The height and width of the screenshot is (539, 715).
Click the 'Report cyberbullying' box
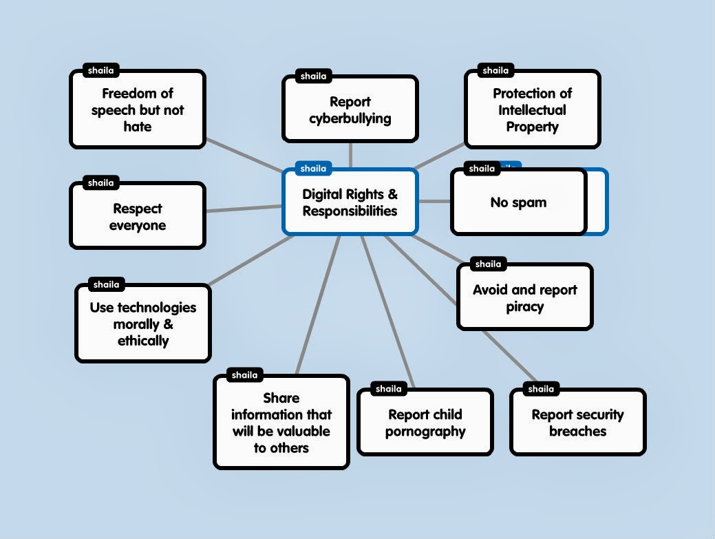pos(350,110)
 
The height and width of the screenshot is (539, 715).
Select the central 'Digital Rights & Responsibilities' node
pos(350,202)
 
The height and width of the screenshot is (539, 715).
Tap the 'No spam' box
pos(518,202)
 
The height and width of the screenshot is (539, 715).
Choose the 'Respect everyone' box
pos(138,217)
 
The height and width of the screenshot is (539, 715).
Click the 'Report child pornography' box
pos(425,423)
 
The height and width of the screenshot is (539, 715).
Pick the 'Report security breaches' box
pos(577,423)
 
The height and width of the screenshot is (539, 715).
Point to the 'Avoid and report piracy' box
pos(525,298)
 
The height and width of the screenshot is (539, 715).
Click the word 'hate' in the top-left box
pos(138,127)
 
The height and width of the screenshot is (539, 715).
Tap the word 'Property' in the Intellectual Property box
pos(532,127)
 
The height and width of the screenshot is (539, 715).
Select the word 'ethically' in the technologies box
pos(143,341)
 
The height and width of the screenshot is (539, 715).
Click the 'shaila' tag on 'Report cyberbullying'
pos(313,76)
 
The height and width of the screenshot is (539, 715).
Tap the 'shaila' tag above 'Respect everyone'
pos(101,183)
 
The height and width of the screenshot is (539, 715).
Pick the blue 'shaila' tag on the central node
pos(313,169)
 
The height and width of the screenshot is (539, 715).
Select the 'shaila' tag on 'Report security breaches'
pos(541,390)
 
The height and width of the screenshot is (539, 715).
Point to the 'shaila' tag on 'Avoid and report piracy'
pos(488,264)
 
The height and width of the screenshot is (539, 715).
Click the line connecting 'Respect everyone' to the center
pos(244,208)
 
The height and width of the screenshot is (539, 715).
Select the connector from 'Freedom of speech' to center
pos(244,156)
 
